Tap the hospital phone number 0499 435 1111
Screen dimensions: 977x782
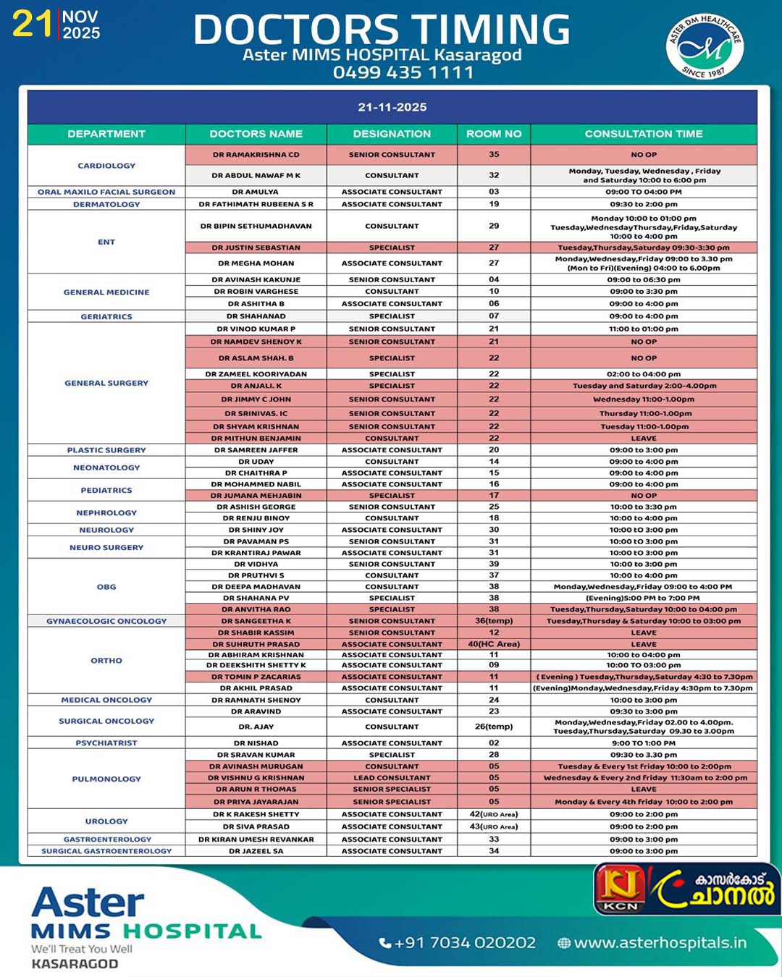403,72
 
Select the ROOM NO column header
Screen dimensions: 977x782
494,134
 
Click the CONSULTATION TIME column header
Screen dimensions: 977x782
644,134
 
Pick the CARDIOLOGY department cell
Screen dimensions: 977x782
106,166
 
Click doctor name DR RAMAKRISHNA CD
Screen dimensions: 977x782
256,155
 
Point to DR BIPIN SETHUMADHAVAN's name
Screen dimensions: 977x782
256,226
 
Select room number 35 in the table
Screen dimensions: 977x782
494,155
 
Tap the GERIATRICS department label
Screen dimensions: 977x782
106,316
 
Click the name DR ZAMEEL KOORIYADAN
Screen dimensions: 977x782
256,374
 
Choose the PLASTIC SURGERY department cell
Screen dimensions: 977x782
106,450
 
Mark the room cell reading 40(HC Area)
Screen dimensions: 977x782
494,644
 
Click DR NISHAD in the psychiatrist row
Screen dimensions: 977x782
256,743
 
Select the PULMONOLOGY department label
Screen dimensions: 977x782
106,779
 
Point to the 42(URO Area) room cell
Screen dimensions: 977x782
494,814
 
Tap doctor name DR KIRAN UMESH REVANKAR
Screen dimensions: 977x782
256,839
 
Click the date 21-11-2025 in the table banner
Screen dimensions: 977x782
392,107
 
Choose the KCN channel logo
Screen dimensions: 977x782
621,889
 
